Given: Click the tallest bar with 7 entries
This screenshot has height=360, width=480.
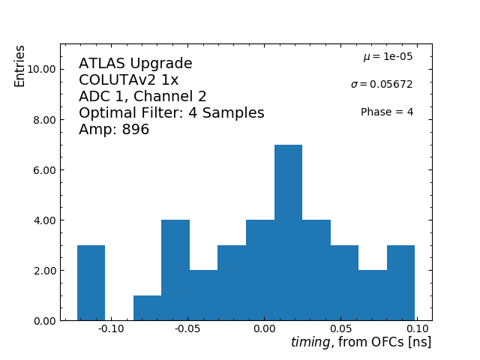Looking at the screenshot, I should click(x=288, y=232).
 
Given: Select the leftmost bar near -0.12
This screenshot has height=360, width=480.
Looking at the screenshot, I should click(x=91, y=283).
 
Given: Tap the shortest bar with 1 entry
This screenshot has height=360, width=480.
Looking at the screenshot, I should click(x=147, y=308).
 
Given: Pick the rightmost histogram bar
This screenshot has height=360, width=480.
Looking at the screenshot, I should click(x=400, y=283).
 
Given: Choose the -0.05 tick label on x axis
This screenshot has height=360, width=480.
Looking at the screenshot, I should click(x=187, y=328).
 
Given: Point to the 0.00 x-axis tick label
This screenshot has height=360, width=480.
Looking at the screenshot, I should click(x=265, y=328).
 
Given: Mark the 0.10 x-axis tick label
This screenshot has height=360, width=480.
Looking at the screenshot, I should click(x=417, y=328).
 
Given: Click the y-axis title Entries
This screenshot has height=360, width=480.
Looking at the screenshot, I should click(x=20, y=66).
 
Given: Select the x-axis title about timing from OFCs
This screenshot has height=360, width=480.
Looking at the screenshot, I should click(x=361, y=343).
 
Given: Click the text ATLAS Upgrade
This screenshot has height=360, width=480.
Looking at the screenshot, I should click(x=135, y=64).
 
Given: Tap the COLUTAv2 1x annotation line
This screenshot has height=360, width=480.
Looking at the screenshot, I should click(x=128, y=80).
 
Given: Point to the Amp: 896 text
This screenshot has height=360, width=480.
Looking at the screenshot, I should click(x=114, y=130).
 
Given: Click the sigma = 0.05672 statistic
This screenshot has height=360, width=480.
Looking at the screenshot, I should click(x=382, y=85).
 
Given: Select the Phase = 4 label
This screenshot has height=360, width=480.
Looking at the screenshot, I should click(x=386, y=112).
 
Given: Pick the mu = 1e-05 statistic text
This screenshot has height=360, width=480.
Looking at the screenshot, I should click(x=388, y=57).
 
